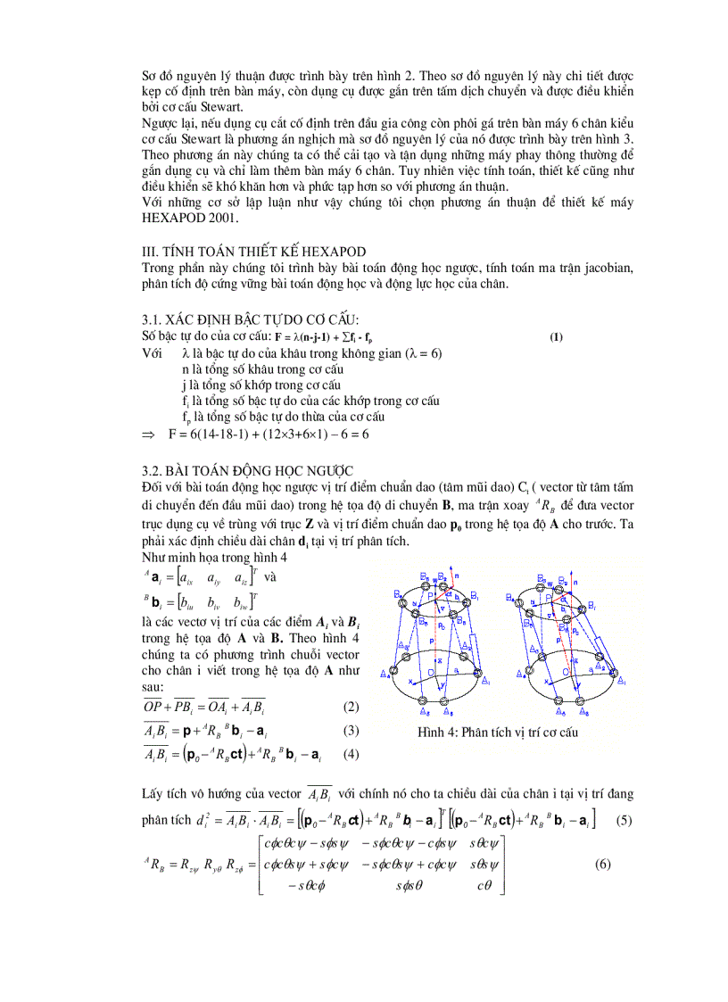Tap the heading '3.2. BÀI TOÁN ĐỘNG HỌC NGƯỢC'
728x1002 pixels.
[247, 470]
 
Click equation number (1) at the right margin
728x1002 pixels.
[556, 336]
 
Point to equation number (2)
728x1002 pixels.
[351, 707]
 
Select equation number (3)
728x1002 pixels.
[351, 730]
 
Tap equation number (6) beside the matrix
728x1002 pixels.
[603, 864]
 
